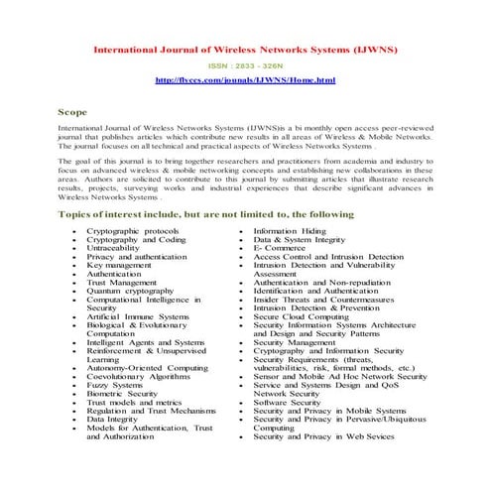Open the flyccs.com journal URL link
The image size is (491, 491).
(x=245, y=78)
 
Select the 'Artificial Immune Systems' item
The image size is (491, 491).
(x=137, y=316)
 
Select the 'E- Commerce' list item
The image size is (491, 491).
(x=283, y=248)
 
